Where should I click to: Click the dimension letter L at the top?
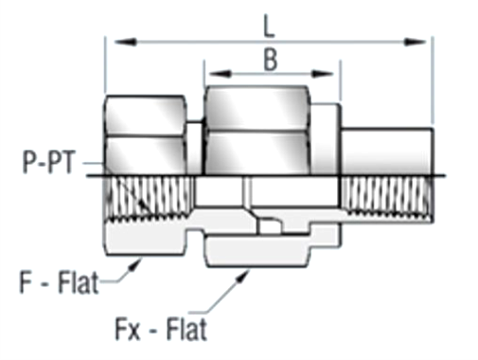point(269,28)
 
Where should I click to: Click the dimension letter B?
point(271,60)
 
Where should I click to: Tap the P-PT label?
point(49,162)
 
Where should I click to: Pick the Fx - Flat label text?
point(161,329)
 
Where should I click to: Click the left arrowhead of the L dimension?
point(125,42)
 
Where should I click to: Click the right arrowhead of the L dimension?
point(416,42)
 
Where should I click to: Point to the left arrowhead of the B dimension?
point(220,74)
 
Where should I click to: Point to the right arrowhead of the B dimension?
point(322,74)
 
